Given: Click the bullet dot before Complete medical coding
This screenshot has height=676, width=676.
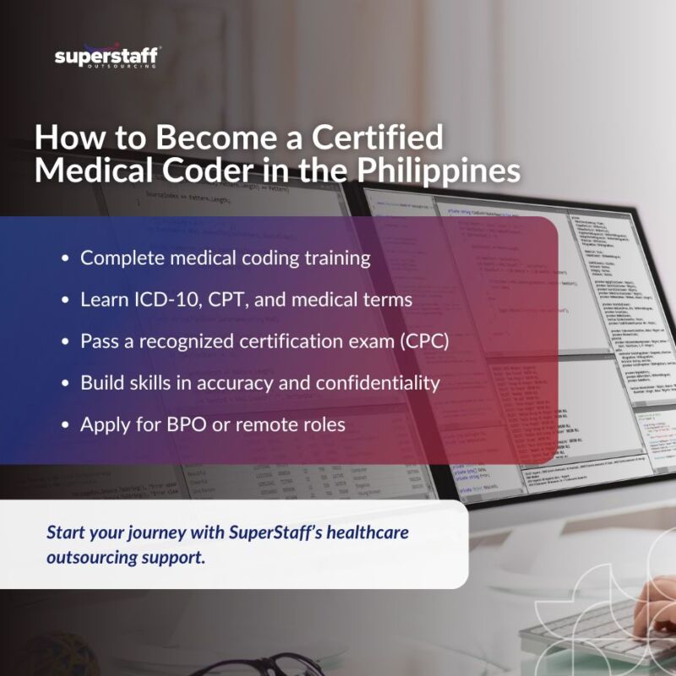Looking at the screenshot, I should [x=65, y=259].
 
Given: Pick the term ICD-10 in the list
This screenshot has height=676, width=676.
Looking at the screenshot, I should [x=169, y=300].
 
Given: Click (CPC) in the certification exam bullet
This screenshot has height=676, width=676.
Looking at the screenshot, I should [x=428, y=341].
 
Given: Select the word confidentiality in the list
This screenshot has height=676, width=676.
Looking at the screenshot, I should [x=378, y=383].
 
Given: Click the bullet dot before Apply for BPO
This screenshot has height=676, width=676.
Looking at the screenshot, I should [x=65, y=425].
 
